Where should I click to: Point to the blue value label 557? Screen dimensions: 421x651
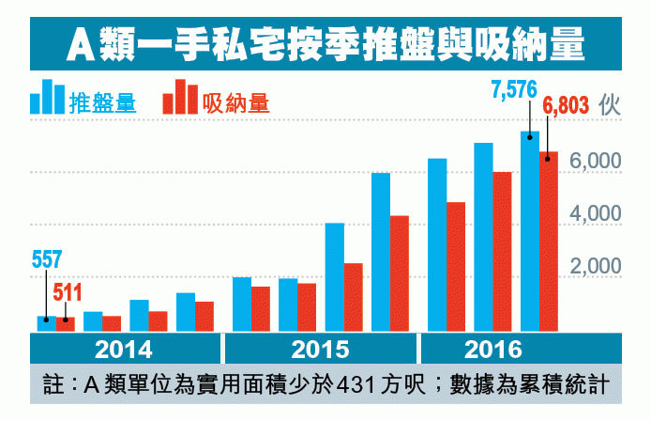47,259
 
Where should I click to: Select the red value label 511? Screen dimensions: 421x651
67,292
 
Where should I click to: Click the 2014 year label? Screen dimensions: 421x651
125,350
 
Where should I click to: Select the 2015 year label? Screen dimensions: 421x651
320,350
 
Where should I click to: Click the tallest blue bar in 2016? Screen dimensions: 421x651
530,230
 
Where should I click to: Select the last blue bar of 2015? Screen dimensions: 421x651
381,252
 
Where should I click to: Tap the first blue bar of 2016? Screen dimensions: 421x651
437,244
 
